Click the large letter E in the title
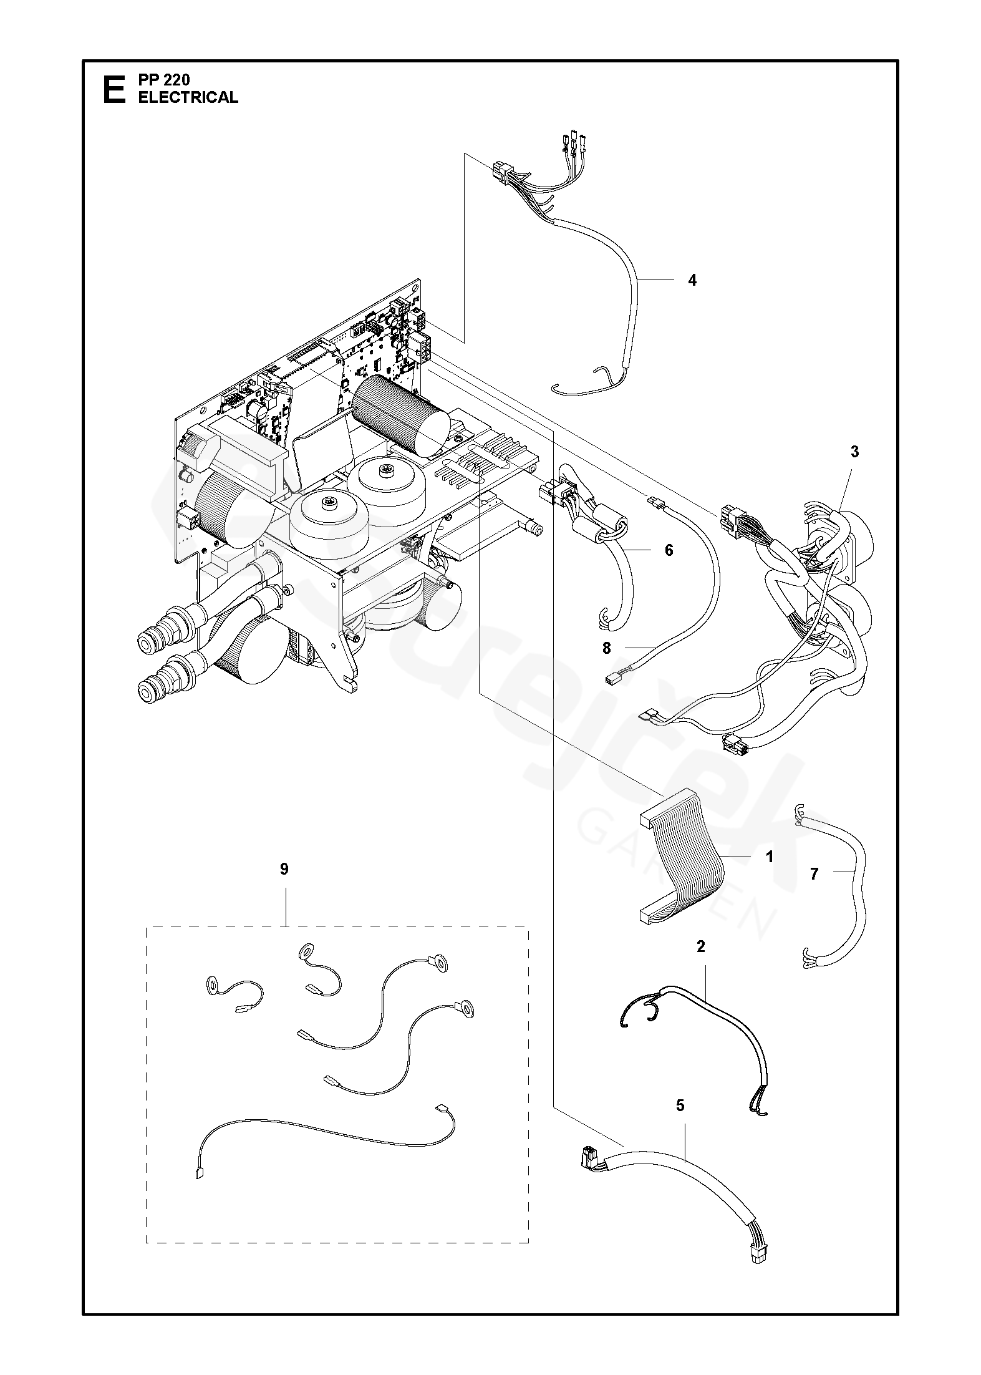click(112, 89)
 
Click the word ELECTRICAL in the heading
click(188, 97)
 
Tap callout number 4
click(692, 280)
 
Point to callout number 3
click(854, 452)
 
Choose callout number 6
click(669, 550)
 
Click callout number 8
click(607, 648)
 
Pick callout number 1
click(770, 857)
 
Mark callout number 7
click(814, 874)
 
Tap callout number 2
click(700, 946)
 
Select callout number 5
click(680, 1106)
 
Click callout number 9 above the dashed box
click(284, 870)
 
